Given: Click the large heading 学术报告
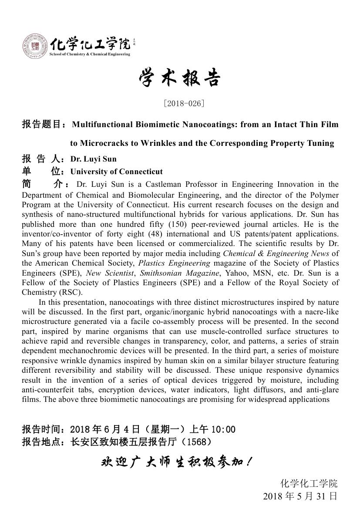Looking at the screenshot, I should pyautogui.click(x=179, y=79).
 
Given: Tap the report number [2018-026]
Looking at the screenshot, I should pyautogui.click(x=184, y=104).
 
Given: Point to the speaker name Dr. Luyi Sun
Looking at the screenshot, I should pyautogui.click(x=94, y=159).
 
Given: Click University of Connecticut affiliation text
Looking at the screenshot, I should pyautogui.click(x=117, y=172).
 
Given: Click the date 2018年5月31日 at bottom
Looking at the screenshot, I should pyautogui.click(x=300, y=496).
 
